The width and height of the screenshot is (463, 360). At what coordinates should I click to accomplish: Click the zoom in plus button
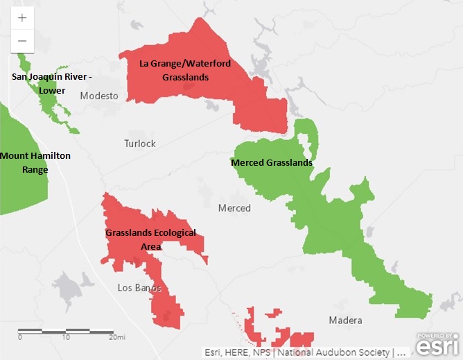(22, 18)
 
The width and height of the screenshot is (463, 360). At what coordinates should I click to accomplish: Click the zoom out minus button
(22, 41)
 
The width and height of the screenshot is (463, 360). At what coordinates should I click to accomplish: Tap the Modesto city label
(98, 96)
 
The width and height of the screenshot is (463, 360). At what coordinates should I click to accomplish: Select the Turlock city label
(139, 144)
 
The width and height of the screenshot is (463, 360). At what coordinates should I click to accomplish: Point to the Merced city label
(234, 208)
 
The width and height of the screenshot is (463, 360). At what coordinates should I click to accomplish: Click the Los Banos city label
(139, 288)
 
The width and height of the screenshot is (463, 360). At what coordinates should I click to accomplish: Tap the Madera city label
(345, 320)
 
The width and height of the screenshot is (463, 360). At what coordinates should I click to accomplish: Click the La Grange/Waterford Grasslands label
(185, 70)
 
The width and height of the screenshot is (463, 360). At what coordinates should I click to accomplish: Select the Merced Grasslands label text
(271, 163)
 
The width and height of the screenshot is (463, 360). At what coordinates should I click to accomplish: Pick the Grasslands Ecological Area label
(150, 239)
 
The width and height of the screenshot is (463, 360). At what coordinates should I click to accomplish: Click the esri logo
(437, 345)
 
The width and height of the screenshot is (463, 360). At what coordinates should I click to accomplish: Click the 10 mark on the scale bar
(66, 337)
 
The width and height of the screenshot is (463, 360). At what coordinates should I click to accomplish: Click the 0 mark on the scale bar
(19, 337)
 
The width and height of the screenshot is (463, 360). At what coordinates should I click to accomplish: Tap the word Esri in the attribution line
(213, 352)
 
